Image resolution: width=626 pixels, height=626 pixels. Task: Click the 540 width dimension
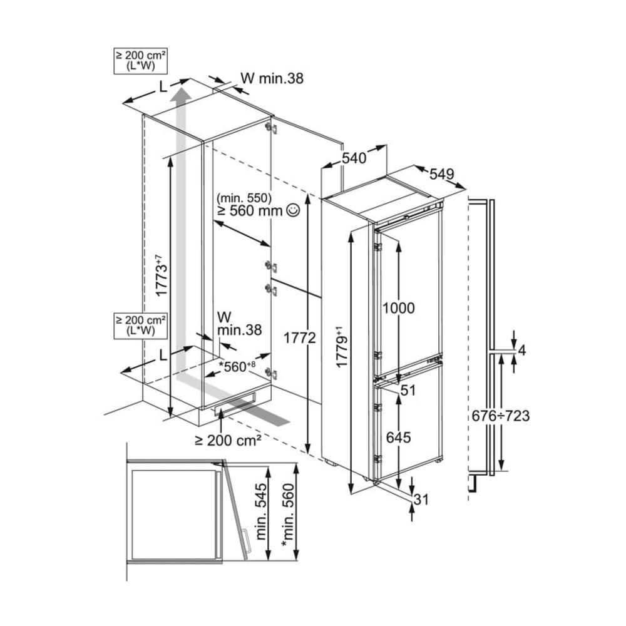(354, 159)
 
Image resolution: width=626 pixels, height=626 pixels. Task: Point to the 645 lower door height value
(398, 438)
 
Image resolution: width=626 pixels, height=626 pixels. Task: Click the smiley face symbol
(292, 211)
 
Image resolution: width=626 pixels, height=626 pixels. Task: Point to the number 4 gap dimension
(523, 351)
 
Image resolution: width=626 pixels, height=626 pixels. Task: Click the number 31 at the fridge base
(422, 500)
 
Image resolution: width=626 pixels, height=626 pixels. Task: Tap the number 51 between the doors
(408, 391)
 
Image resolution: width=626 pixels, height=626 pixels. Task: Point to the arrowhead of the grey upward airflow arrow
(182, 95)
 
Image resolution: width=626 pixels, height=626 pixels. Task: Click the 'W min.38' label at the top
(272, 79)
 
